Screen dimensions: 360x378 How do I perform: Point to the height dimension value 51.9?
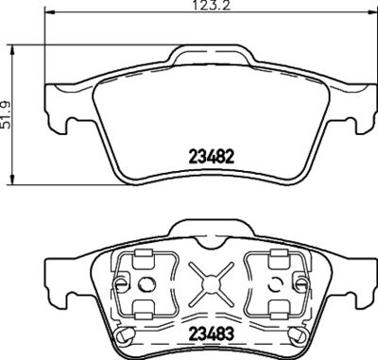point(8,115)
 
